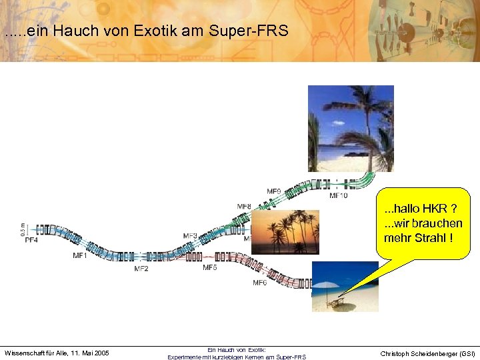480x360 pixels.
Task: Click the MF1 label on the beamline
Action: (80, 255)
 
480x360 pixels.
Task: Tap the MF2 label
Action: (141, 269)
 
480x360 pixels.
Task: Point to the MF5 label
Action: (210, 267)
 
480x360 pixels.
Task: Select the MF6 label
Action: (260, 283)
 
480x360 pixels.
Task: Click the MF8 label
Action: (244, 207)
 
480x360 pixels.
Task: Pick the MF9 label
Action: (274, 191)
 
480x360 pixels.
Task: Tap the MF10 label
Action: (339, 196)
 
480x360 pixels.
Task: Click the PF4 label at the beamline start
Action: (31, 240)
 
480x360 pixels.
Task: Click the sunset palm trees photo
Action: (285, 231)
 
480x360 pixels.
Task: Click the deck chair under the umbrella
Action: (337, 302)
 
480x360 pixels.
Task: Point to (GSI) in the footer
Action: (465, 353)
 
